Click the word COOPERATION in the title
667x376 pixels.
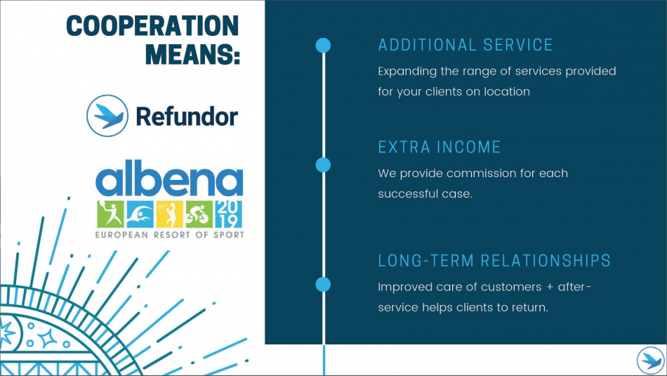[x=153, y=26]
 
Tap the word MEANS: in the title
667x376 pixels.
[x=192, y=54]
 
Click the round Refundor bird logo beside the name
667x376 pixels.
[x=107, y=115]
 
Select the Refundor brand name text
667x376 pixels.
[x=187, y=116]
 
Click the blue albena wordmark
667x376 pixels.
[x=169, y=178]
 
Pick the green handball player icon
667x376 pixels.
[x=110, y=214]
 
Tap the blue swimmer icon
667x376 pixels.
[x=140, y=214]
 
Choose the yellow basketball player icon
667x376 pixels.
[x=169, y=214]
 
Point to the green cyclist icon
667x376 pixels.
[x=199, y=214]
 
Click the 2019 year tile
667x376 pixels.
[x=228, y=214]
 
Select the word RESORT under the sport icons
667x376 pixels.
[x=172, y=235]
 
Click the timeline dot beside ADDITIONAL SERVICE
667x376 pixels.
[x=323, y=45]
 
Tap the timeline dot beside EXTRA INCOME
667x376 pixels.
[x=323, y=164]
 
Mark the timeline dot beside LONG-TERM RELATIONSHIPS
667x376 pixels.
[x=323, y=285]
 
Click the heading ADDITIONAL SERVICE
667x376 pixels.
[x=465, y=45]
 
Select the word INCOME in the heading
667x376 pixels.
[x=469, y=148]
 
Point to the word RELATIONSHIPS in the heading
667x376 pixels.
[x=546, y=261]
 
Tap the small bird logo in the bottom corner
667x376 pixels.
[x=650, y=361]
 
